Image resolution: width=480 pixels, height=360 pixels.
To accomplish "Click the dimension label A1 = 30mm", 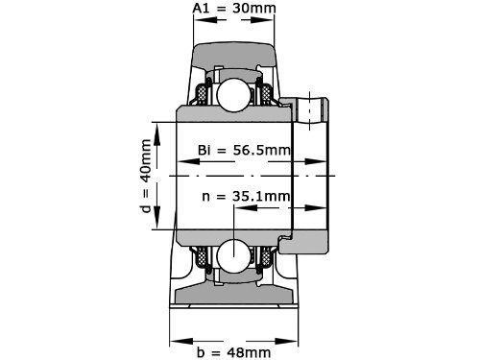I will [234, 10].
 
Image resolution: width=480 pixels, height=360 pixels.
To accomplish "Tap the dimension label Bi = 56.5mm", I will [244, 151].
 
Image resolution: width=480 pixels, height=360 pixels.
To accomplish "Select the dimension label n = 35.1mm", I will [246, 198].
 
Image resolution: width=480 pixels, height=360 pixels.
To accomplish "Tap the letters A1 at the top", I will [202, 10].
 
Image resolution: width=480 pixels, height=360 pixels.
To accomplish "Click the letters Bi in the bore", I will [204, 151].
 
